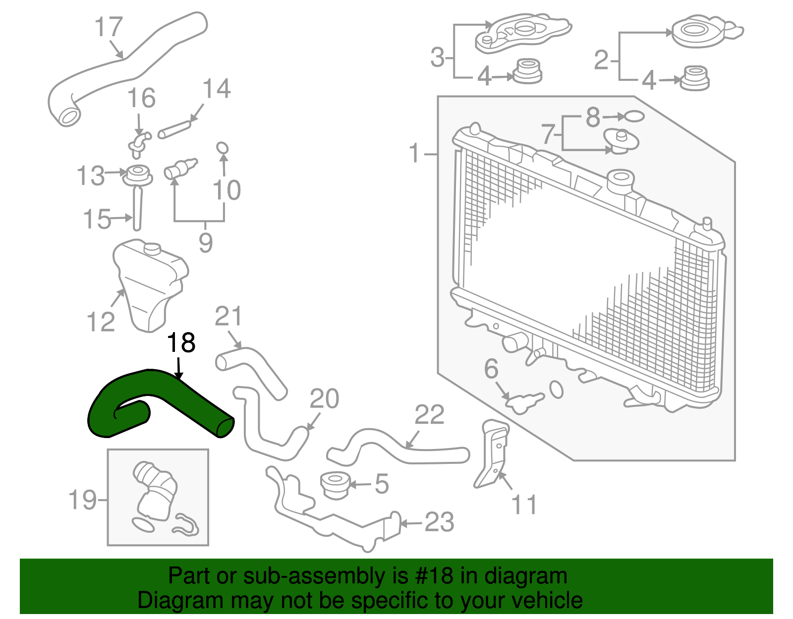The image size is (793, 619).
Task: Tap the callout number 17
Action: point(109,27)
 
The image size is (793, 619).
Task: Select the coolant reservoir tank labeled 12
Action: point(149,282)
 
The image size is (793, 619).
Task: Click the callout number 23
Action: point(439,523)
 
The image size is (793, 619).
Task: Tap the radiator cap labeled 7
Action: point(621,141)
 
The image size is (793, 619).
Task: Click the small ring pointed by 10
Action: point(223,148)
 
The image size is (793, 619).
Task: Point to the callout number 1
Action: point(414,154)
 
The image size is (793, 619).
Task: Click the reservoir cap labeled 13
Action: point(137,175)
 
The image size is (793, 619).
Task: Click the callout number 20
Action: point(325,399)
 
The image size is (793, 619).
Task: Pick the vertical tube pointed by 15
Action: point(137,208)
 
